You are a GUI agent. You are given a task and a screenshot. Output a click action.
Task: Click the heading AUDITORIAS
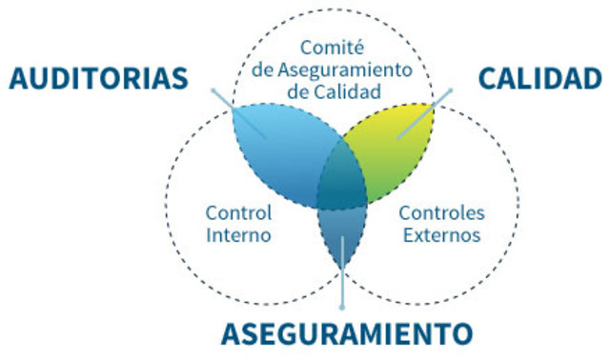98,78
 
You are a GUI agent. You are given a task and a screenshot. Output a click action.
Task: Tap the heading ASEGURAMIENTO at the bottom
347,334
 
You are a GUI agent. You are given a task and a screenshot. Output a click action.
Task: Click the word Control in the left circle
238,212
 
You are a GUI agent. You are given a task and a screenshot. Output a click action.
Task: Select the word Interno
238,234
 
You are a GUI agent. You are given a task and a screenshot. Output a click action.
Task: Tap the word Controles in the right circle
441,212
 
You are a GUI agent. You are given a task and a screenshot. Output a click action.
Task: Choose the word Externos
441,234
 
